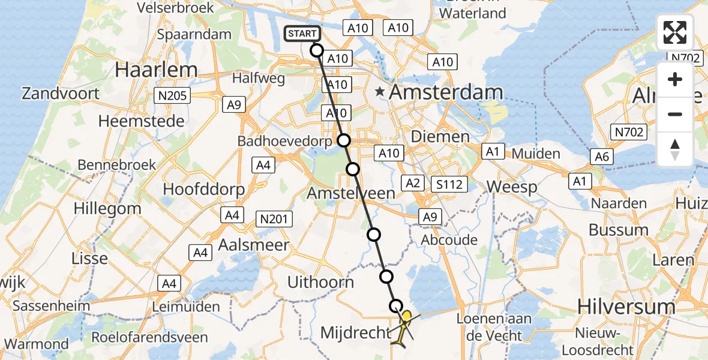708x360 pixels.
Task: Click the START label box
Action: [x=303, y=34]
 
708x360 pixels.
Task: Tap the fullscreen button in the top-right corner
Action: [x=675, y=32]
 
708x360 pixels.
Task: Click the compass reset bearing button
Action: [x=675, y=149]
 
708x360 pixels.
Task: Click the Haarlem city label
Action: [x=156, y=70]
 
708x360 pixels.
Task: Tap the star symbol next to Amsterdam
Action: [x=379, y=92]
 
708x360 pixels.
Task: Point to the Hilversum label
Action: [x=626, y=307]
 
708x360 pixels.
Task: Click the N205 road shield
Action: [x=172, y=95]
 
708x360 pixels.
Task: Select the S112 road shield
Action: [x=449, y=184]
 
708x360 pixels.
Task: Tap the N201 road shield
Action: [x=274, y=220]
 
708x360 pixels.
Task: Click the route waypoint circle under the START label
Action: [x=317, y=50]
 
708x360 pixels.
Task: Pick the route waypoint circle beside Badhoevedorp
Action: [x=343, y=140]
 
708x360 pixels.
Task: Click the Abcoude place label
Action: [x=449, y=240]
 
